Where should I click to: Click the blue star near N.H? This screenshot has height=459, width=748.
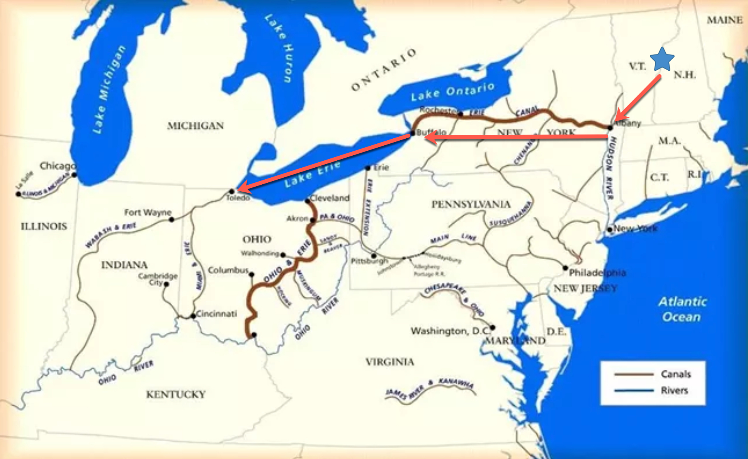[662, 59]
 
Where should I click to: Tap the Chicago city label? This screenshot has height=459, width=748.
[58, 166]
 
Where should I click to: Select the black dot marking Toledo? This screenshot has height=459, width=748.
[232, 191]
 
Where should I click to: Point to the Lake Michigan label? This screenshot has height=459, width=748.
[109, 90]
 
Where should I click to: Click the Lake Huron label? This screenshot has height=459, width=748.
[283, 48]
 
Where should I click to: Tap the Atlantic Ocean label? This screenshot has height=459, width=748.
[682, 309]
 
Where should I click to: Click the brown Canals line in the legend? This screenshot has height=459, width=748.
[633, 374]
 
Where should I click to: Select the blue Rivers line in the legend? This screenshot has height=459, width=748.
[633, 391]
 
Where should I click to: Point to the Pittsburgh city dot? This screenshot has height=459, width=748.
[374, 256]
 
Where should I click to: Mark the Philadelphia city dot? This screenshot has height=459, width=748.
[565, 268]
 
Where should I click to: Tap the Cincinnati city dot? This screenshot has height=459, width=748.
[193, 316]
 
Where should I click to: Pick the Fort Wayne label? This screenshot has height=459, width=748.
[148, 212]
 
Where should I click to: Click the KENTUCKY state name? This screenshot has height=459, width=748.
[176, 394]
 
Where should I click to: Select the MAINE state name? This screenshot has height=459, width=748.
[724, 20]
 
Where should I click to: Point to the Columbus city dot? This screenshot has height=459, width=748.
[252, 274]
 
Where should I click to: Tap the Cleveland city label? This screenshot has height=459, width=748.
[330, 198]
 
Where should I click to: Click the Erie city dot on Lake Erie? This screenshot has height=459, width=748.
[368, 168]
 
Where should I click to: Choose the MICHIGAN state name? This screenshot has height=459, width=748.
[195, 126]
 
